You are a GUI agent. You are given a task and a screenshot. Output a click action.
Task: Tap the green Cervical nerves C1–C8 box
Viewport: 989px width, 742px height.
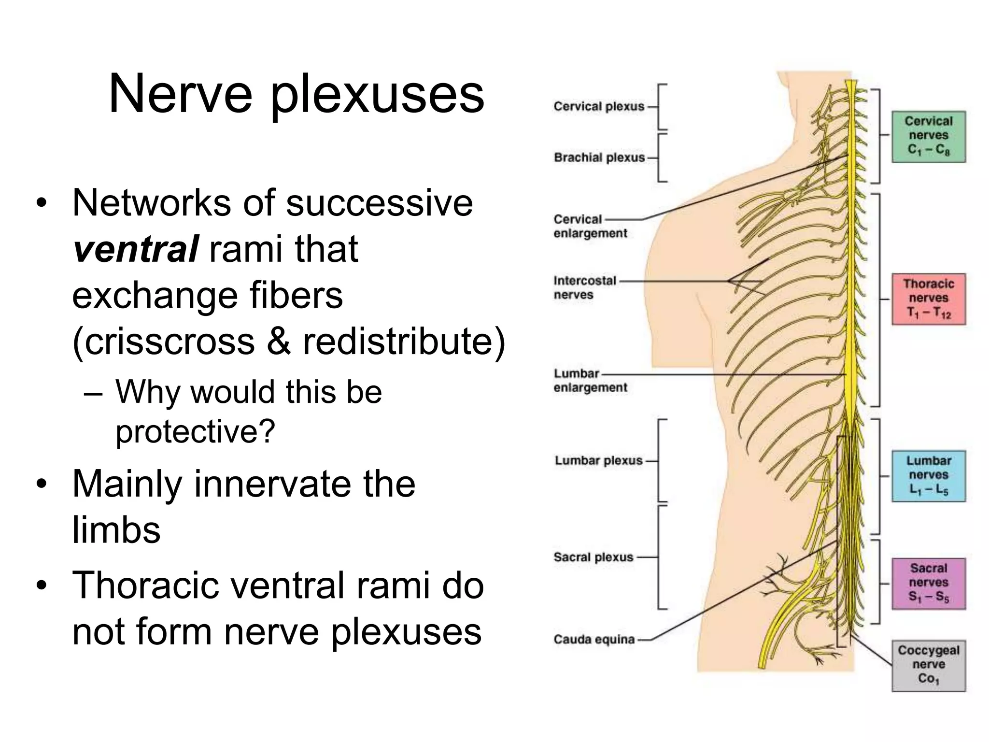click(928, 136)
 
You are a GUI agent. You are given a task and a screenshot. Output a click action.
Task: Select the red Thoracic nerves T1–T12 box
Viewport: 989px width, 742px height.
click(928, 299)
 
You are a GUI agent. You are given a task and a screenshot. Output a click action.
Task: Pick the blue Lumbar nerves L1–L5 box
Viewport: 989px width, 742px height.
click(928, 475)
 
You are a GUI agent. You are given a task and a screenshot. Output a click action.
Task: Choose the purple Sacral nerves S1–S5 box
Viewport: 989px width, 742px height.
click(928, 583)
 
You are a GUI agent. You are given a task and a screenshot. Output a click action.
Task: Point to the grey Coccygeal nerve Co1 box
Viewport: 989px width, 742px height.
click(928, 665)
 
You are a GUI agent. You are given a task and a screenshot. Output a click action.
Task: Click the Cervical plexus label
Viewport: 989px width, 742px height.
click(599, 106)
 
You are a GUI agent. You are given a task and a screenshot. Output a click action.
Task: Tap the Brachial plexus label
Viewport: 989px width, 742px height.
click(599, 157)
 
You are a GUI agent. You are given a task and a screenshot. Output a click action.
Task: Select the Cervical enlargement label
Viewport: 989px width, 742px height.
click(590, 226)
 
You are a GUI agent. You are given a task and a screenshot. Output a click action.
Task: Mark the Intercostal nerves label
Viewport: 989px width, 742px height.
click(585, 287)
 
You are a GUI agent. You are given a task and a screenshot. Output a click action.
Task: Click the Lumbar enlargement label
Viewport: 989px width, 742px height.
click(590, 380)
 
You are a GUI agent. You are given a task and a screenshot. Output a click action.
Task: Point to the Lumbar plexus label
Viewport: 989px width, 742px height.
click(599, 461)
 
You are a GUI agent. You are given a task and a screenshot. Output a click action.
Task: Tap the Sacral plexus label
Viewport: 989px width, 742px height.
click(593, 557)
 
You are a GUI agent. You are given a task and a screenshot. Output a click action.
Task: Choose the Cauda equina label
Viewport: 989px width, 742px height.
click(594, 640)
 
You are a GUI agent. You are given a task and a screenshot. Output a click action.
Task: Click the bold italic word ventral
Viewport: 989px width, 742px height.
click(135, 249)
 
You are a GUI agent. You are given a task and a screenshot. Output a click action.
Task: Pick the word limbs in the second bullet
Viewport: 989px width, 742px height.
click(116, 530)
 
